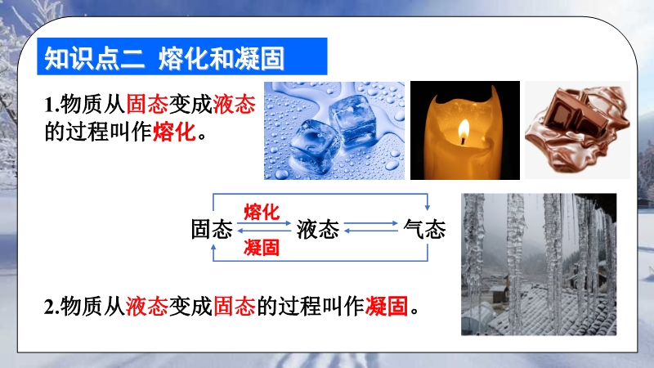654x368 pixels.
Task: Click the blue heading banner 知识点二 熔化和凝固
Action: click(x=181, y=56)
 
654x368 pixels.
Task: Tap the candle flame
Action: click(x=464, y=132)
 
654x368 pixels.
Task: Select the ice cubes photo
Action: click(x=334, y=131)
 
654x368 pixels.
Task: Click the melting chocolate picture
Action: click(x=577, y=130)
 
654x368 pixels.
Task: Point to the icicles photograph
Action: click(x=539, y=264)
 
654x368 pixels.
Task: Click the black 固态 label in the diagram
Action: click(x=212, y=229)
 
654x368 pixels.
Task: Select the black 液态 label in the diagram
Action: click(x=318, y=229)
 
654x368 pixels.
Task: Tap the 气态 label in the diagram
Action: click(x=424, y=229)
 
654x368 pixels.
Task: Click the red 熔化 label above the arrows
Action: click(x=262, y=212)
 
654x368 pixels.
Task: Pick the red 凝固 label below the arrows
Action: click(x=262, y=248)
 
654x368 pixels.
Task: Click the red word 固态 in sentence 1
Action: click(x=147, y=104)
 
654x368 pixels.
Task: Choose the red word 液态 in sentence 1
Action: click(x=234, y=104)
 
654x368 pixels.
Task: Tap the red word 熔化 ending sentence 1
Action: click(x=174, y=132)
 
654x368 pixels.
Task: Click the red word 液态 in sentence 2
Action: click(x=147, y=307)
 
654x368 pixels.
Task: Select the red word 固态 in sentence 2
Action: click(x=235, y=307)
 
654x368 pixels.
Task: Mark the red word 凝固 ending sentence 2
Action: click(x=387, y=307)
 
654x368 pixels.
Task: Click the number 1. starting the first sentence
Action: click(x=52, y=105)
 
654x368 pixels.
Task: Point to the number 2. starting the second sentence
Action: click(x=52, y=307)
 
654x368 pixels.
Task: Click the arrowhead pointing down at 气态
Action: click(x=428, y=208)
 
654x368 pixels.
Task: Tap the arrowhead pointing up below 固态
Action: click(x=213, y=248)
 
